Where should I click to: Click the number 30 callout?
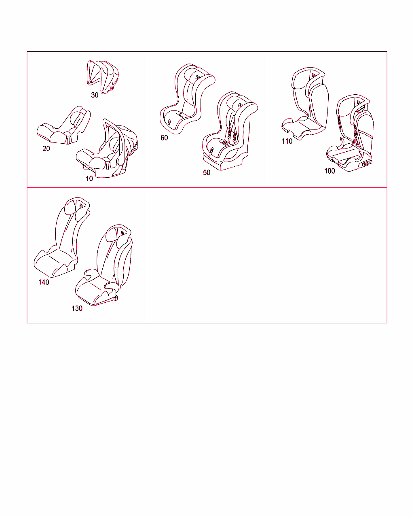pos(95,95)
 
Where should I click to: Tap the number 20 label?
pos(46,149)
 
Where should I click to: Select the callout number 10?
pos(89,178)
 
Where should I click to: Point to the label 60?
pos(164,138)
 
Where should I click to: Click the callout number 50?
pos(207,172)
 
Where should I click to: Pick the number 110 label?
pos(287,141)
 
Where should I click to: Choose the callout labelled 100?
pos(330,171)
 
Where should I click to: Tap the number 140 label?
pos(44,282)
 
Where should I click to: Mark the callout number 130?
pos(77,308)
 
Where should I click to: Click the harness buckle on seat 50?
pos(224,143)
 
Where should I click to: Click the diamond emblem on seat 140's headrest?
pos(81,206)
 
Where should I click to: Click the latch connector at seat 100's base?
pos(367,164)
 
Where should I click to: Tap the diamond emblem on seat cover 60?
pos(197,77)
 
